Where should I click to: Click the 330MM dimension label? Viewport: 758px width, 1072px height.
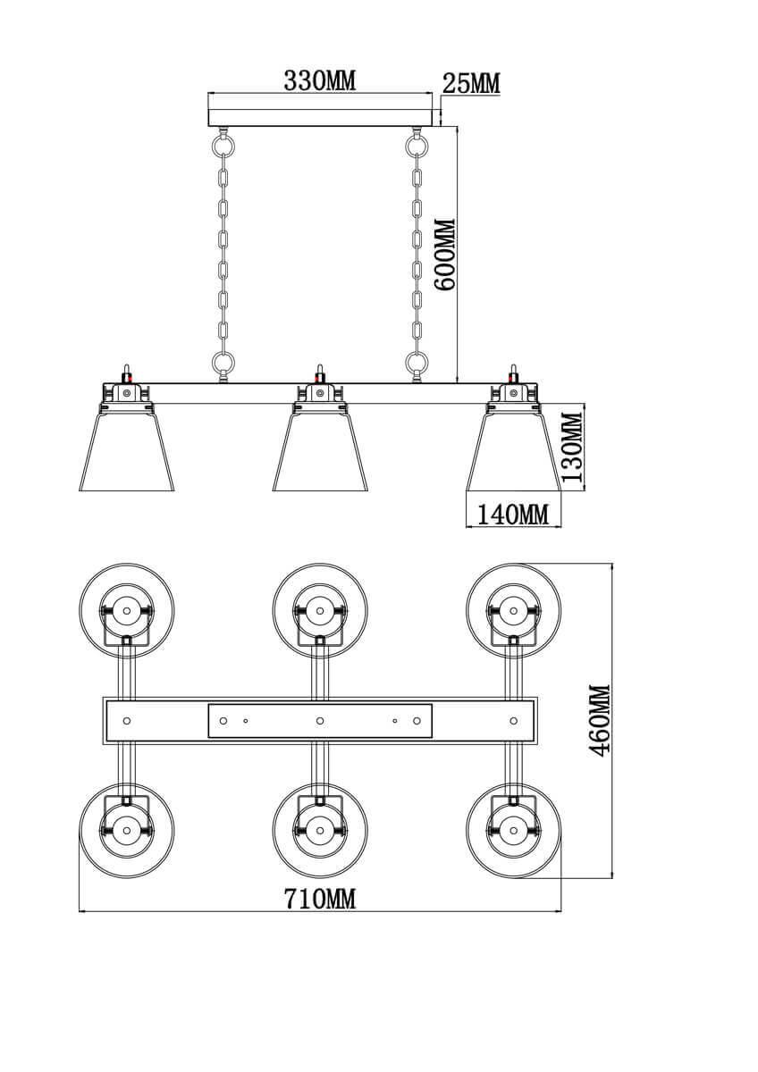[319, 81]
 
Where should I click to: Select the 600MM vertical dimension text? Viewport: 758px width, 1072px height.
[444, 254]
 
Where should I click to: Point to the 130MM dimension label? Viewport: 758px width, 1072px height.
[572, 446]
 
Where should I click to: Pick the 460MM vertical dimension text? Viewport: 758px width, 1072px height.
[600, 719]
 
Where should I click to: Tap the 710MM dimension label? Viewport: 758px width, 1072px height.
[319, 899]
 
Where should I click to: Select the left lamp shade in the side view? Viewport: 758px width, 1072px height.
[126, 451]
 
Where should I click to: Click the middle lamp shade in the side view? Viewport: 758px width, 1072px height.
[320, 451]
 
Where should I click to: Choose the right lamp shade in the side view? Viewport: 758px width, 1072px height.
[513, 451]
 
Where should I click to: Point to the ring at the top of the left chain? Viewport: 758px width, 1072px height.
[223, 143]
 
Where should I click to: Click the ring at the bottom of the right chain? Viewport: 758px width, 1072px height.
[417, 362]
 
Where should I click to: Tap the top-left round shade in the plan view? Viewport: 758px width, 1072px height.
[127, 611]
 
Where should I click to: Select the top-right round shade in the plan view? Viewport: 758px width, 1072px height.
[514, 611]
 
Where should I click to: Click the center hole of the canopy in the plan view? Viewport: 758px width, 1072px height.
[320, 720]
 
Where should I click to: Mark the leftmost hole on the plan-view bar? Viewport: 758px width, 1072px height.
[127, 720]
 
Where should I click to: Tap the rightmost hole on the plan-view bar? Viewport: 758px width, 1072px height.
[514, 720]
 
